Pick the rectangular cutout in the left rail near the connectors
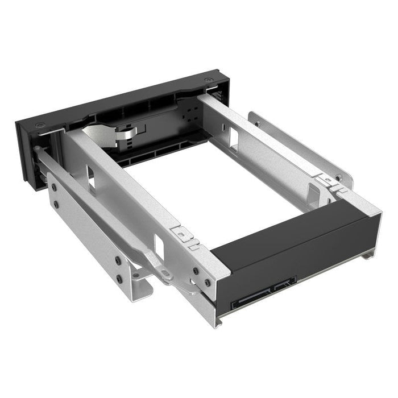pyautogui.click(x=158, y=246)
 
